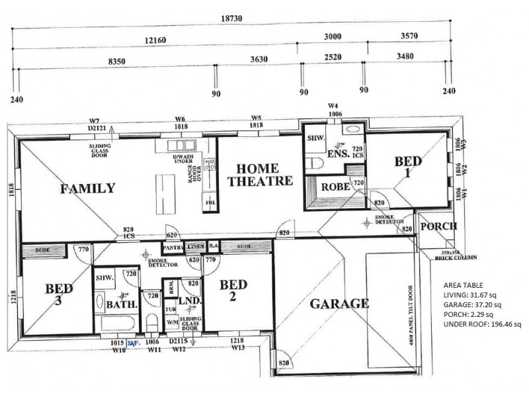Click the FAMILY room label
click(x=87, y=189)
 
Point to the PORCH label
click(x=438, y=226)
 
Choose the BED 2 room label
click(x=233, y=291)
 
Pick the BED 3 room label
click(x=59, y=294)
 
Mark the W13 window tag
click(x=239, y=347)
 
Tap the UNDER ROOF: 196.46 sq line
click(x=483, y=324)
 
